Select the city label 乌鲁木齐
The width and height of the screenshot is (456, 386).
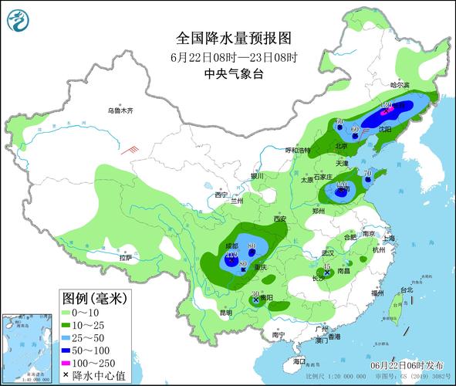(120, 111)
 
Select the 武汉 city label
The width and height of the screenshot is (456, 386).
(328, 252)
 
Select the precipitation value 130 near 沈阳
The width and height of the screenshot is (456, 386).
(387, 106)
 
